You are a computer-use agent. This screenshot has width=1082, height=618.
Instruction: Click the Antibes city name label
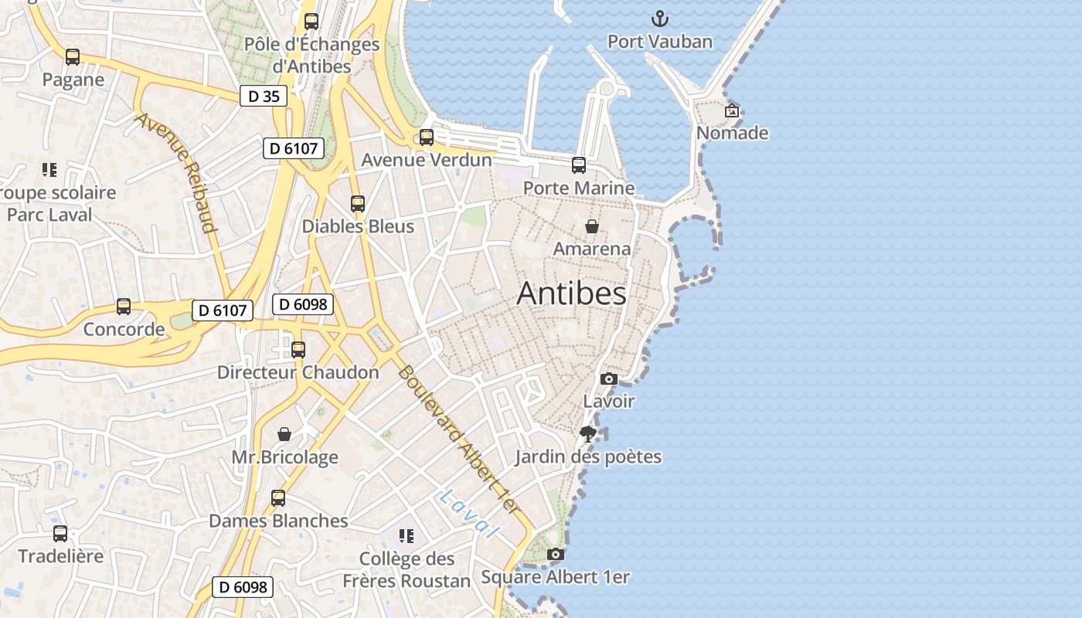pos(571,294)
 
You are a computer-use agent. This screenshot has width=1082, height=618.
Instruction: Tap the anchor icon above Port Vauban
pos(660,19)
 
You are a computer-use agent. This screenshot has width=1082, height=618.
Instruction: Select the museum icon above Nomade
pos(732,110)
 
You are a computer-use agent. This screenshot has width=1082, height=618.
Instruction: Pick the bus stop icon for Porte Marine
pos(579,165)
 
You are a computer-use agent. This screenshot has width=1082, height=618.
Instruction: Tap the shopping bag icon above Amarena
pos(592,226)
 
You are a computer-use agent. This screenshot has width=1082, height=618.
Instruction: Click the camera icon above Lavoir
pos(609,379)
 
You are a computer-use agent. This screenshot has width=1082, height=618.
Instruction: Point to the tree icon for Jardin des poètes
pos(588,433)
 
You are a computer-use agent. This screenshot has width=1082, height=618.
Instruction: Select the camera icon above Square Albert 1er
pos(555,554)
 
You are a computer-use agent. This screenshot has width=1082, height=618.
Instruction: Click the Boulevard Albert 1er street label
pos(456,438)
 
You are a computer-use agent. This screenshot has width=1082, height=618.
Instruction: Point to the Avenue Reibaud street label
pos(176,172)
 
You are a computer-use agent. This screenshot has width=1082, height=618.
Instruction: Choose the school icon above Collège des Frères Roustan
pos(407,535)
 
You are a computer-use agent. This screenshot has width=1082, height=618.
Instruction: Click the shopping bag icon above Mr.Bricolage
pos(284,434)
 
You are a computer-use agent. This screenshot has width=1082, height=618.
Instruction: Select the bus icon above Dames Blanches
pos(278,498)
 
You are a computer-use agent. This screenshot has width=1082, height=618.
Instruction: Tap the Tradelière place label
pos(60,556)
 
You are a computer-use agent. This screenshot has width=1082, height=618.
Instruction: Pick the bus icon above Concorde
pos(124,307)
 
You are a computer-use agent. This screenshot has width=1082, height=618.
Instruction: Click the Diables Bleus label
pos(358,226)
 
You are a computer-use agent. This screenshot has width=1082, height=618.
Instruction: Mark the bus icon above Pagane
pos(73,57)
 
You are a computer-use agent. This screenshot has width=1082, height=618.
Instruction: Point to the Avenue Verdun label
pos(427,160)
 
